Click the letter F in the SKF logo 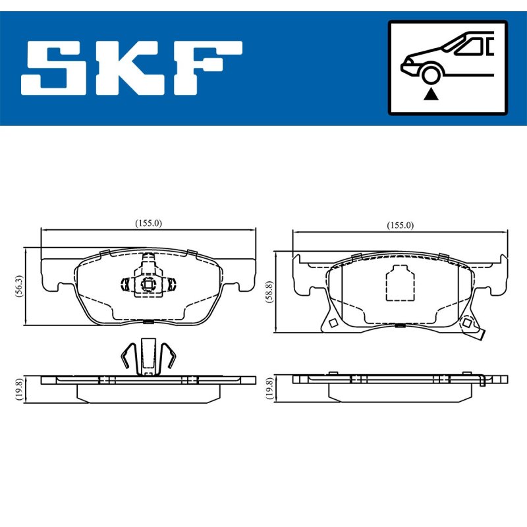(208, 69)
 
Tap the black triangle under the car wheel (431, 95)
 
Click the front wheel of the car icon (431, 75)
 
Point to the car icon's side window (470, 46)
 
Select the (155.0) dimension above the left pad (148, 223)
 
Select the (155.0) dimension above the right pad (400, 225)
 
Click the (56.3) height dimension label (19, 286)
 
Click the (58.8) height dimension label (269, 292)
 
